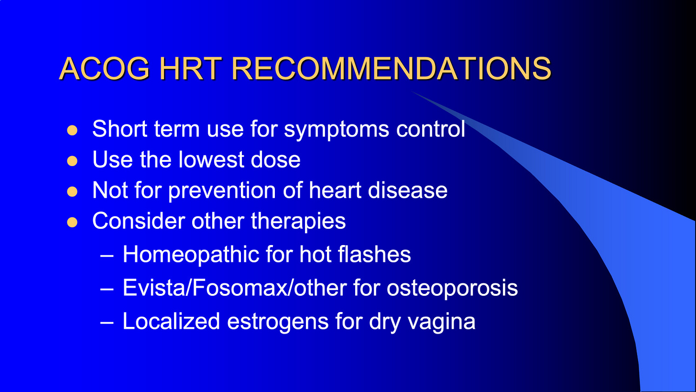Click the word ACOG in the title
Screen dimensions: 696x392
pos(104,68)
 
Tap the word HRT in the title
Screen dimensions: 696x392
pos(190,68)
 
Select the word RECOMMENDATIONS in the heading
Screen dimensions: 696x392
pos(391,68)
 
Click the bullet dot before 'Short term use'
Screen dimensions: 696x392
pos(72,130)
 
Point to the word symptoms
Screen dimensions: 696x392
pos(337,130)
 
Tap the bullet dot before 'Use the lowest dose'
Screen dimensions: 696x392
pos(72,161)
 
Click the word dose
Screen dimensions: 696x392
pos(276,159)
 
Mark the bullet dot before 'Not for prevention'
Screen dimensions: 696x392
pos(72,191)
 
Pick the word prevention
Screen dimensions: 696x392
pos(222,190)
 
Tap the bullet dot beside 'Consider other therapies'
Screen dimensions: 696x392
pos(72,222)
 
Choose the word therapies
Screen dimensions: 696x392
pos(298,222)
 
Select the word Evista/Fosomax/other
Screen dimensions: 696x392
pos(235,288)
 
